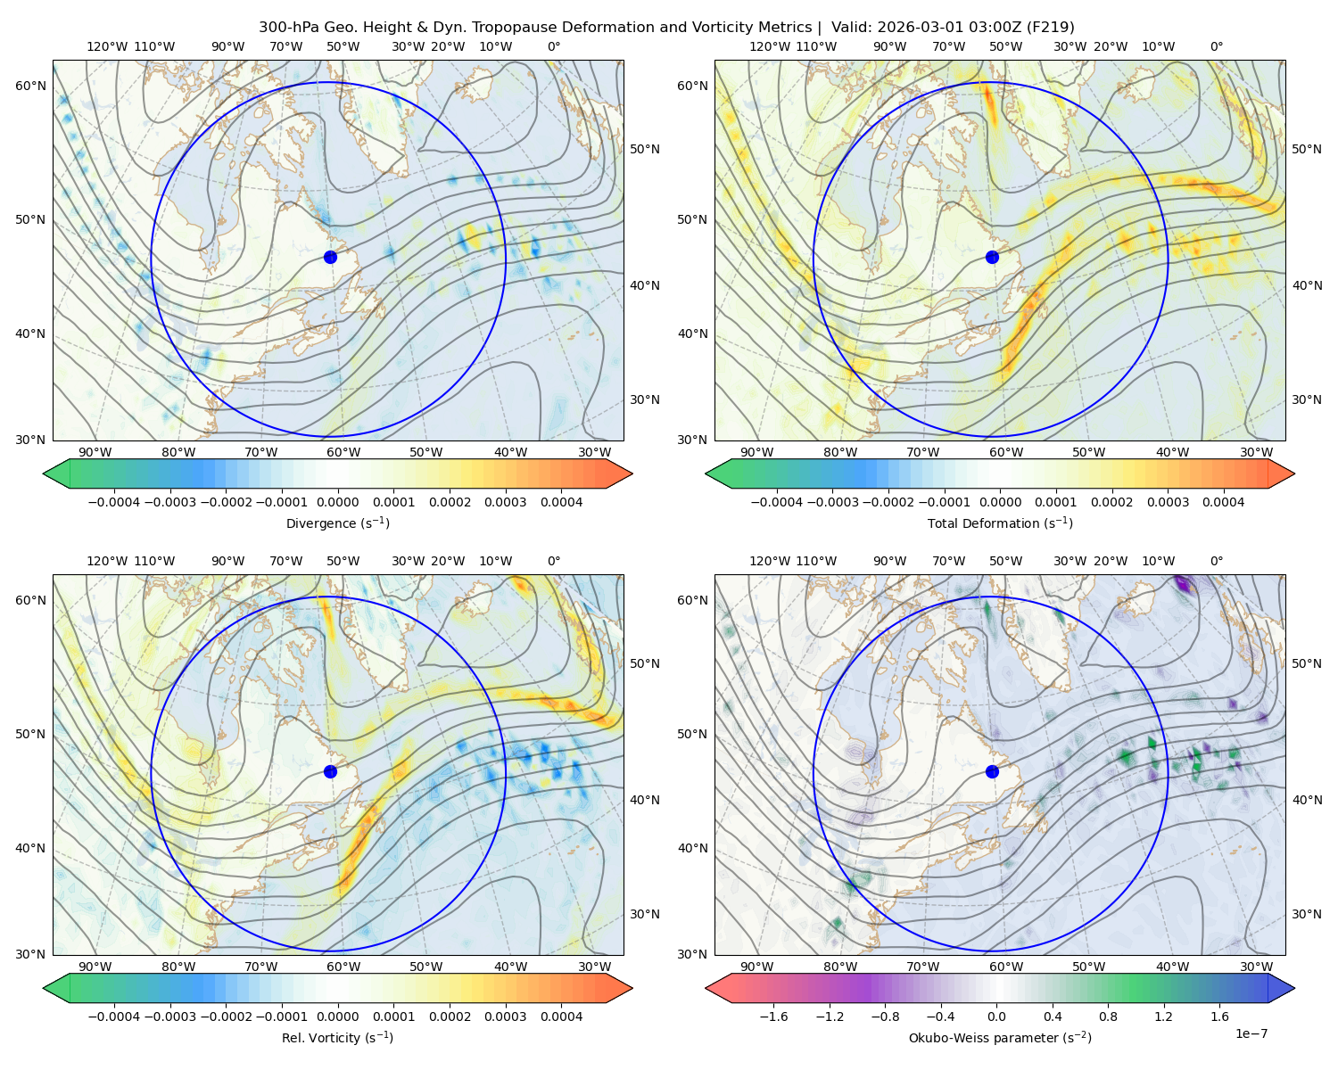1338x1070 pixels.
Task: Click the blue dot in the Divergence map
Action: [x=330, y=257]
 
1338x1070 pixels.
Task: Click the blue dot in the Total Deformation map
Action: [x=992, y=257]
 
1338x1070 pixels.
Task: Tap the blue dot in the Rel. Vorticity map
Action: [x=330, y=771]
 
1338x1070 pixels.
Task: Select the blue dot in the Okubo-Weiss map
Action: [x=992, y=771]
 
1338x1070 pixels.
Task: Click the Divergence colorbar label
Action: [x=337, y=523]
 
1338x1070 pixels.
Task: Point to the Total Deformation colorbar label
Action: [x=1000, y=523]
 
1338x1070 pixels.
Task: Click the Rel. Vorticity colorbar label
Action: [x=337, y=1037]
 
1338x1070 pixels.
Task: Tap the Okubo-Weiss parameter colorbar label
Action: [x=1000, y=1037]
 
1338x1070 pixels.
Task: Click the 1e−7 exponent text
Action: [x=1251, y=1033]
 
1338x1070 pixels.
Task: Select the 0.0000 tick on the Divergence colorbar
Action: [x=337, y=502]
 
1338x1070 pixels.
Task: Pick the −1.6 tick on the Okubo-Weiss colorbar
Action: [x=773, y=1016]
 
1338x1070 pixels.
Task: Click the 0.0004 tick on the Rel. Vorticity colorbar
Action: [x=561, y=1016]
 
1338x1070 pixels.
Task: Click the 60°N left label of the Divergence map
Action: [x=30, y=86]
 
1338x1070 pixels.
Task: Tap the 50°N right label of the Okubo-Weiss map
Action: [x=1306, y=663]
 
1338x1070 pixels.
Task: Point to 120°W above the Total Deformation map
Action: [x=769, y=46]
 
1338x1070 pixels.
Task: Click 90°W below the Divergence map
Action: [x=95, y=452]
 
